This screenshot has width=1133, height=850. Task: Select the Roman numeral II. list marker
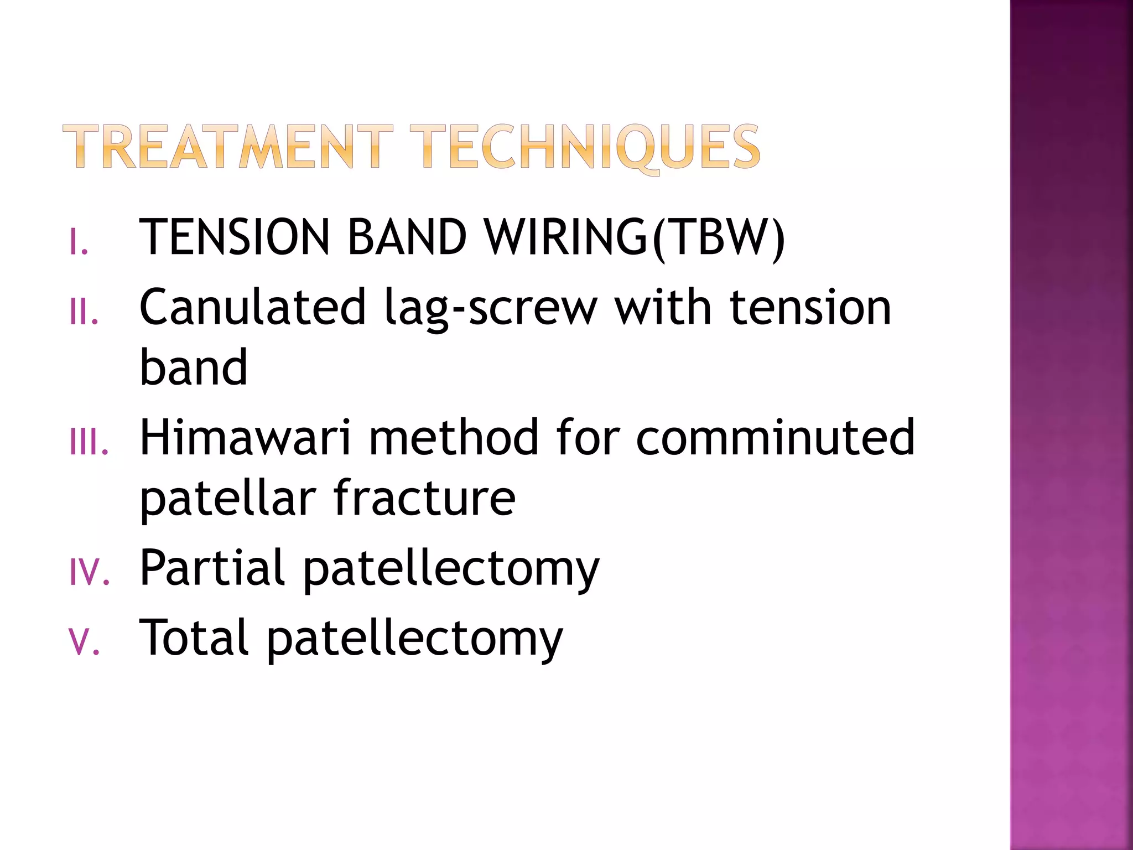click(84, 312)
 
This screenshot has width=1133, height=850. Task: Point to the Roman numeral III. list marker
click(89, 443)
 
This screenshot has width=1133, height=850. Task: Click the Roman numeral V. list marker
click(85, 642)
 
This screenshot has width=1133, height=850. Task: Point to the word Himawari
click(245, 438)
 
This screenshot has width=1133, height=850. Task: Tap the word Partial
click(212, 568)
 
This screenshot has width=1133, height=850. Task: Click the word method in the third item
click(453, 438)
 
